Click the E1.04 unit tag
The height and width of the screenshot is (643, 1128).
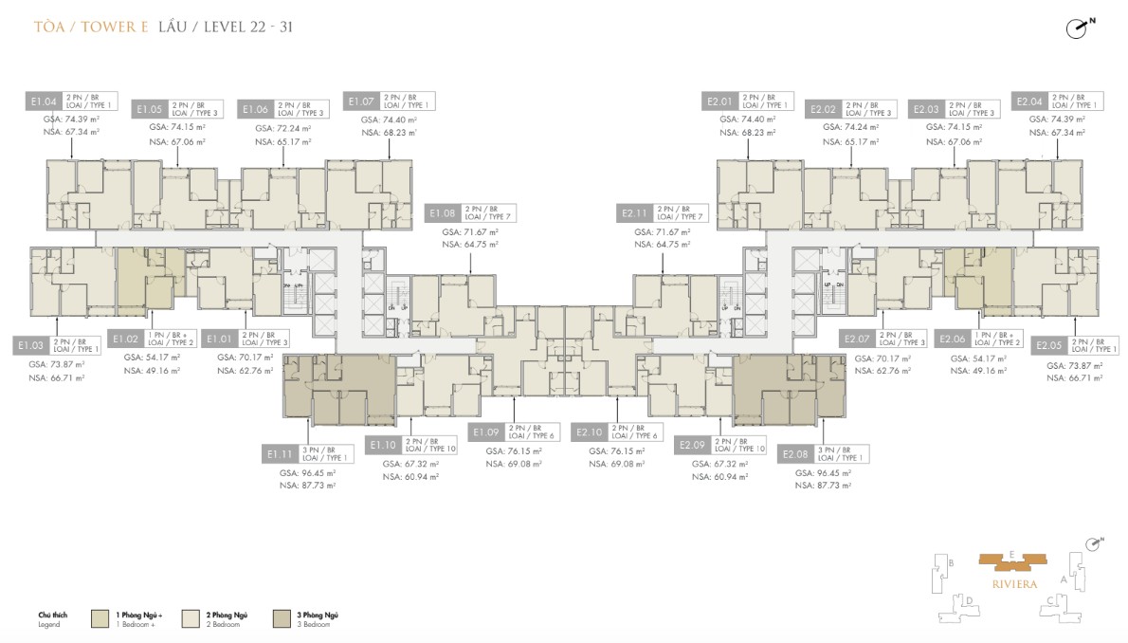(45, 101)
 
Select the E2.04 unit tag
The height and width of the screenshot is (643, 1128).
(1029, 101)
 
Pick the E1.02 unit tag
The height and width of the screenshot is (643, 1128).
(126, 338)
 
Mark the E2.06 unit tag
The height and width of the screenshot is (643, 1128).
(952, 338)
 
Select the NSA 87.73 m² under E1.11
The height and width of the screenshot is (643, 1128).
(305, 485)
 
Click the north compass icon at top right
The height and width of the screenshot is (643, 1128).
(1078, 28)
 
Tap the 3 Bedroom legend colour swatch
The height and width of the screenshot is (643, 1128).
(283, 619)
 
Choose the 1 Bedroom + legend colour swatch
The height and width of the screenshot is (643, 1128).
(101, 619)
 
